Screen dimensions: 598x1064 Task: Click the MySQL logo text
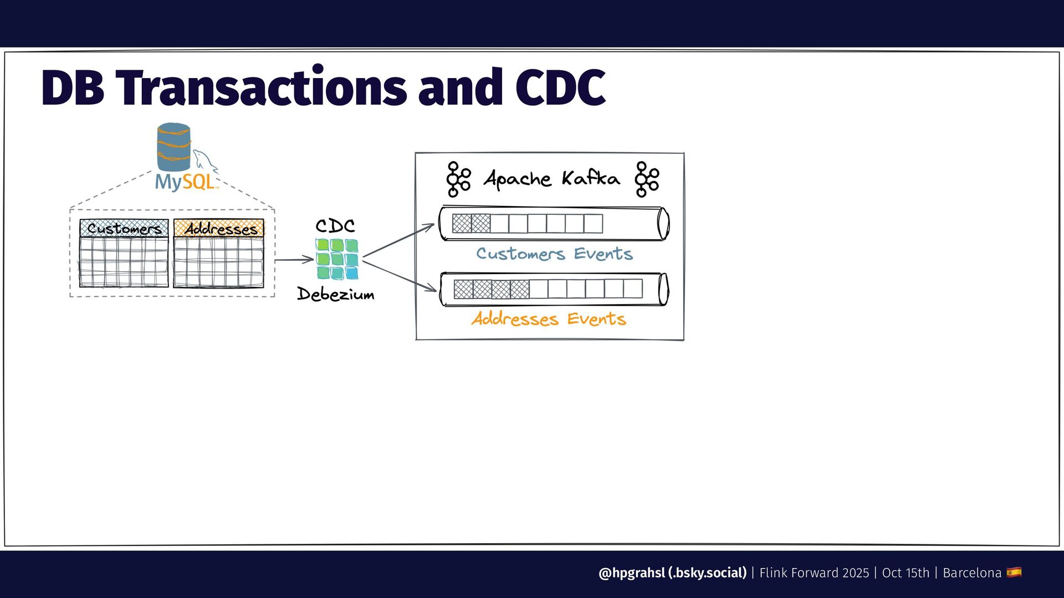(x=185, y=182)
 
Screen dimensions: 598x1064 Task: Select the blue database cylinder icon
(x=173, y=146)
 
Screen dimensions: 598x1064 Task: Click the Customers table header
(x=124, y=228)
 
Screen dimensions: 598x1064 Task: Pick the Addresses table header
(x=219, y=228)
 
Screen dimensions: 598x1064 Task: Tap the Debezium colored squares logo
(x=337, y=259)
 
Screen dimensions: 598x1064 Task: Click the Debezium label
(x=336, y=294)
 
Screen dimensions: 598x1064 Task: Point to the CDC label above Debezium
(x=335, y=225)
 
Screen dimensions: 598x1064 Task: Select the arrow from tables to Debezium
(x=294, y=260)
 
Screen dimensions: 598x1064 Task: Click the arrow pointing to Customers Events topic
(x=398, y=240)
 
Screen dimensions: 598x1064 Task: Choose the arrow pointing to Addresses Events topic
(x=400, y=276)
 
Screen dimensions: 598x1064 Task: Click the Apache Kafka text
(x=551, y=178)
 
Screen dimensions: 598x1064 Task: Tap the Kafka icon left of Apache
(x=458, y=179)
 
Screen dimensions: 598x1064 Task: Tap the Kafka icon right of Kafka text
(x=647, y=179)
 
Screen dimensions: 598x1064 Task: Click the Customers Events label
(x=554, y=254)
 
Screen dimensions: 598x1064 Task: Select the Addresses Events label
(x=549, y=319)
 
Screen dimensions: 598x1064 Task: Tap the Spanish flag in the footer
(x=1014, y=572)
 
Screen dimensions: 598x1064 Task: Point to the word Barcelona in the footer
(x=972, y=573)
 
